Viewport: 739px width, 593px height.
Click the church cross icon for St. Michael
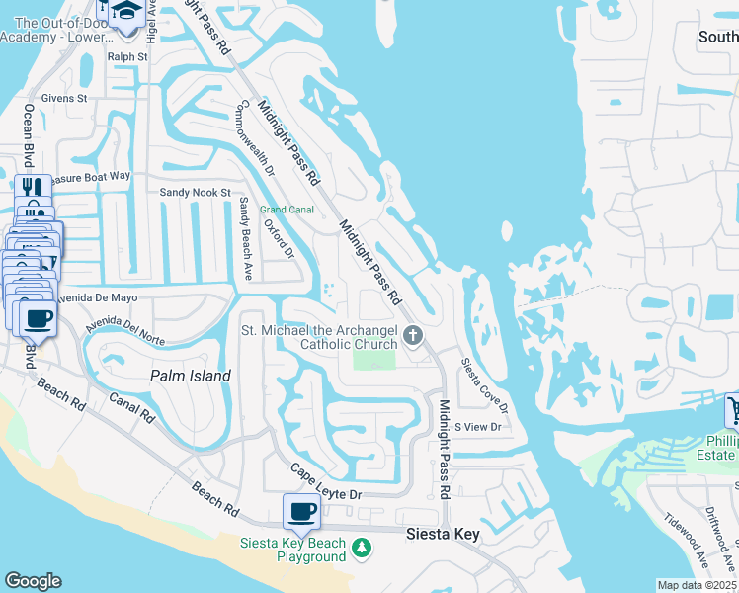pos(412,337)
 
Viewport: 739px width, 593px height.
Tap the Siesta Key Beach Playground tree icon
pos(363,547)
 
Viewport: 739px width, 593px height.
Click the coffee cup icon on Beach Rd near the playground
pos(301,511)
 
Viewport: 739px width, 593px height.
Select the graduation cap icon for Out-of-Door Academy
pos(126,12)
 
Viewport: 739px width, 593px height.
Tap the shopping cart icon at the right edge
pos(733,409)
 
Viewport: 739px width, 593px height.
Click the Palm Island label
pos(191,376)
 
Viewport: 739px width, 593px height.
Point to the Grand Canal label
pos(287,210)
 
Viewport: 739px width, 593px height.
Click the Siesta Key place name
pos(444,534)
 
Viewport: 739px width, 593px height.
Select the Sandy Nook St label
pos(196,192)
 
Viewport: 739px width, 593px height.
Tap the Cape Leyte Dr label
pos(327,481)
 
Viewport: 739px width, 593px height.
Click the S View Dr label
pos(478,427)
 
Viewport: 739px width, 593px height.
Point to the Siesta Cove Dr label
pos(484,385)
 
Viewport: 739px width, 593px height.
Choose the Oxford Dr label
pos(280,239)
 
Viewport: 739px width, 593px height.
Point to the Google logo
pos(33,581)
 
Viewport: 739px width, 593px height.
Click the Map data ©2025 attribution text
pos(698,585)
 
